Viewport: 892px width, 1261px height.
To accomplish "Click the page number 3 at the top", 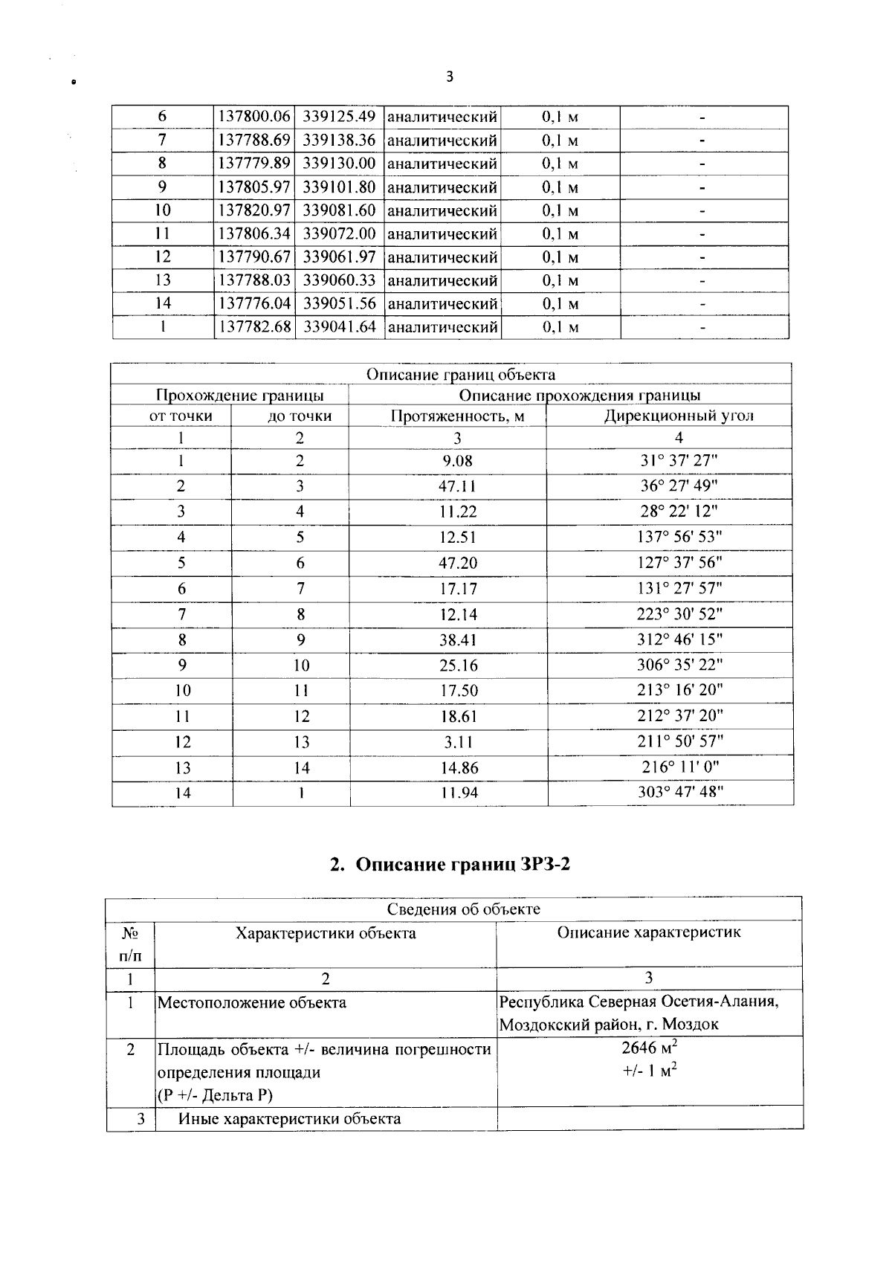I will pos(449,77).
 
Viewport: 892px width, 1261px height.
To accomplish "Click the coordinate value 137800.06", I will pos(254,117).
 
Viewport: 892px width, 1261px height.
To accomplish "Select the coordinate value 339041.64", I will pos(339,326).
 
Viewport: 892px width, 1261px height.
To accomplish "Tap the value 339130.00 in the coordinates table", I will pos(339,163).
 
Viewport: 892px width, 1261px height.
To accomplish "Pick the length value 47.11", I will pos(457,486).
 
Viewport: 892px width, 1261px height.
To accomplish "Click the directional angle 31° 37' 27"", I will pos(679,460).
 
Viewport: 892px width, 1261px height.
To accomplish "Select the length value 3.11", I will pos(457,742).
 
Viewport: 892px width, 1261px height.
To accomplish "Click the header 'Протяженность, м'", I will pos(457,416).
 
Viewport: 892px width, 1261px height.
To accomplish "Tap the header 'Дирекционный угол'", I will pos(678,416).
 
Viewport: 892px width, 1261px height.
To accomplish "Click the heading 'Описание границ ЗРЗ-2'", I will pos(450,864).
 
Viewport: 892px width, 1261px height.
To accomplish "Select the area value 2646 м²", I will pos(650,1048).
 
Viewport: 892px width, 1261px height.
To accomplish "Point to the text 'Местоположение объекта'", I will pos(252,1002).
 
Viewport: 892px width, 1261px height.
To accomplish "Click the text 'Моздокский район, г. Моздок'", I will pos(609,1025).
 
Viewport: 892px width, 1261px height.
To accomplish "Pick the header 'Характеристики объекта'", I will pos(326,932).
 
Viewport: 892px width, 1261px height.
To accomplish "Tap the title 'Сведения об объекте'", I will pos(464,909).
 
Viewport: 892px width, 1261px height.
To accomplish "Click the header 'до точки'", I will pos(299,416).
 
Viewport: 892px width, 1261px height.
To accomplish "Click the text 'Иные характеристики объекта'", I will pos(289,1118).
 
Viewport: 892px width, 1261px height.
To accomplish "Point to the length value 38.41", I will pos(457,639).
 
